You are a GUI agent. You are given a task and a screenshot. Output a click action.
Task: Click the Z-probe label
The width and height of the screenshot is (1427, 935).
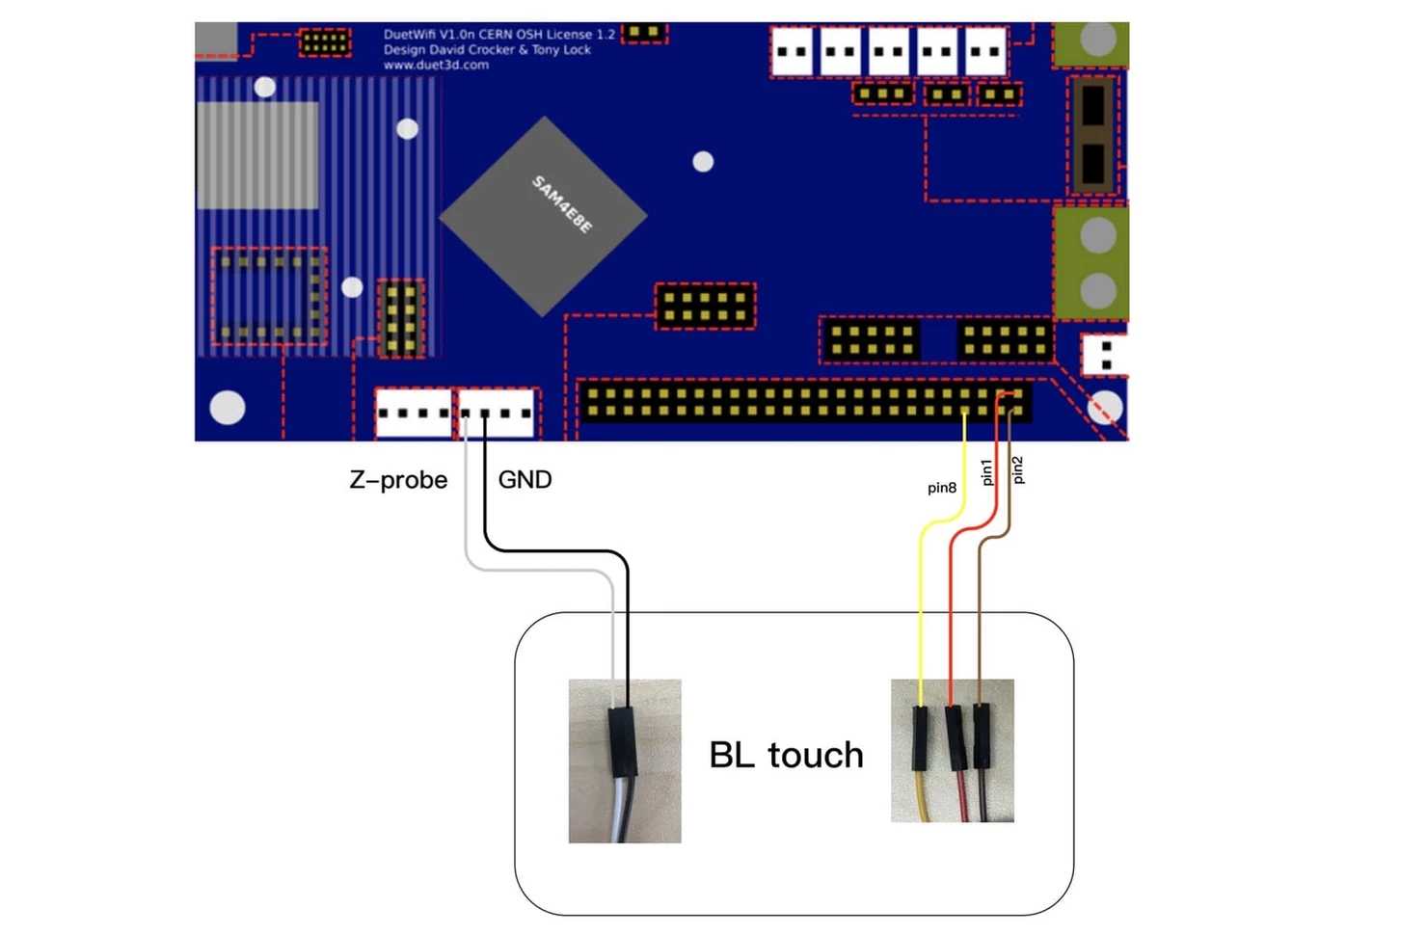click(398, 480)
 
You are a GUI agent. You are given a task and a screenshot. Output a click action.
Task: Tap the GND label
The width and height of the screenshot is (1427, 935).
click(525, 480)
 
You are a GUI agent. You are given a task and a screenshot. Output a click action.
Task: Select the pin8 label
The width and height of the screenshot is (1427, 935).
click(941, 488)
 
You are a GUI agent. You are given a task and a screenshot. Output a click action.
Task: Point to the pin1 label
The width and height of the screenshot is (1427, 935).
click(985, 471)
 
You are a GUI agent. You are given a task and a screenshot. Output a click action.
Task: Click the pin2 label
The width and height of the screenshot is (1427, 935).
click(1017, 469)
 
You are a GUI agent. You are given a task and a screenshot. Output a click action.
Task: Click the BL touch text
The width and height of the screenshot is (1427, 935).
click(786, 755)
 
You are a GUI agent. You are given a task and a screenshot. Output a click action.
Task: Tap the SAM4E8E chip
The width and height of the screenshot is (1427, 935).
click(543, 216)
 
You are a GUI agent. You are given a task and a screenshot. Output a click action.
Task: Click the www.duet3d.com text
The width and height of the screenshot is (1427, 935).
click(436, 66)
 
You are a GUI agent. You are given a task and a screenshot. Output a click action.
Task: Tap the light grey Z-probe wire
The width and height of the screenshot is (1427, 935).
click(540, 570)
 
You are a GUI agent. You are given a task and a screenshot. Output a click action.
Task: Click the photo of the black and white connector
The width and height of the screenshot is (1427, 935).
click(625, 761)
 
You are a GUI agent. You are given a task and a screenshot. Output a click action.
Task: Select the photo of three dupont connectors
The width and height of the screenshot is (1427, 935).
click(952, 751)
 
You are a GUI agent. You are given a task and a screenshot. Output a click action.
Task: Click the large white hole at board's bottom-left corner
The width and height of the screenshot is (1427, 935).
click(228, 408)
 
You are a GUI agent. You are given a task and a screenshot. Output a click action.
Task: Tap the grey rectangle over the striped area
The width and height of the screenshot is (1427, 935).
click(257, 155)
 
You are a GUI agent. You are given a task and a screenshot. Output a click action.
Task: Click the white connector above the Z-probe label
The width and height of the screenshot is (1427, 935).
click(413, 413)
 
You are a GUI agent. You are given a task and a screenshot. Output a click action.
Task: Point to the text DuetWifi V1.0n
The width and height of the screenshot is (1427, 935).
click(428, 35)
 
